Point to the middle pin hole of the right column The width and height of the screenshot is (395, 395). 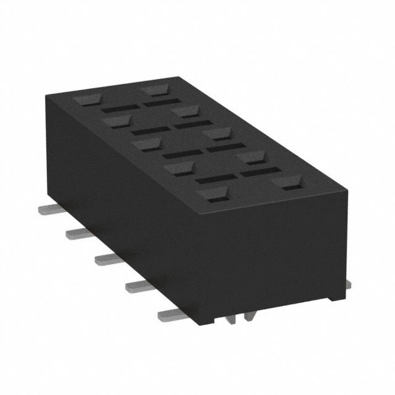(x=219, y=133)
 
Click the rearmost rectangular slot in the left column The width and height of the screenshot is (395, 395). (x=116, y=109)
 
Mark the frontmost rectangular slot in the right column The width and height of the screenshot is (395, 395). (x=257, y=172)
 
